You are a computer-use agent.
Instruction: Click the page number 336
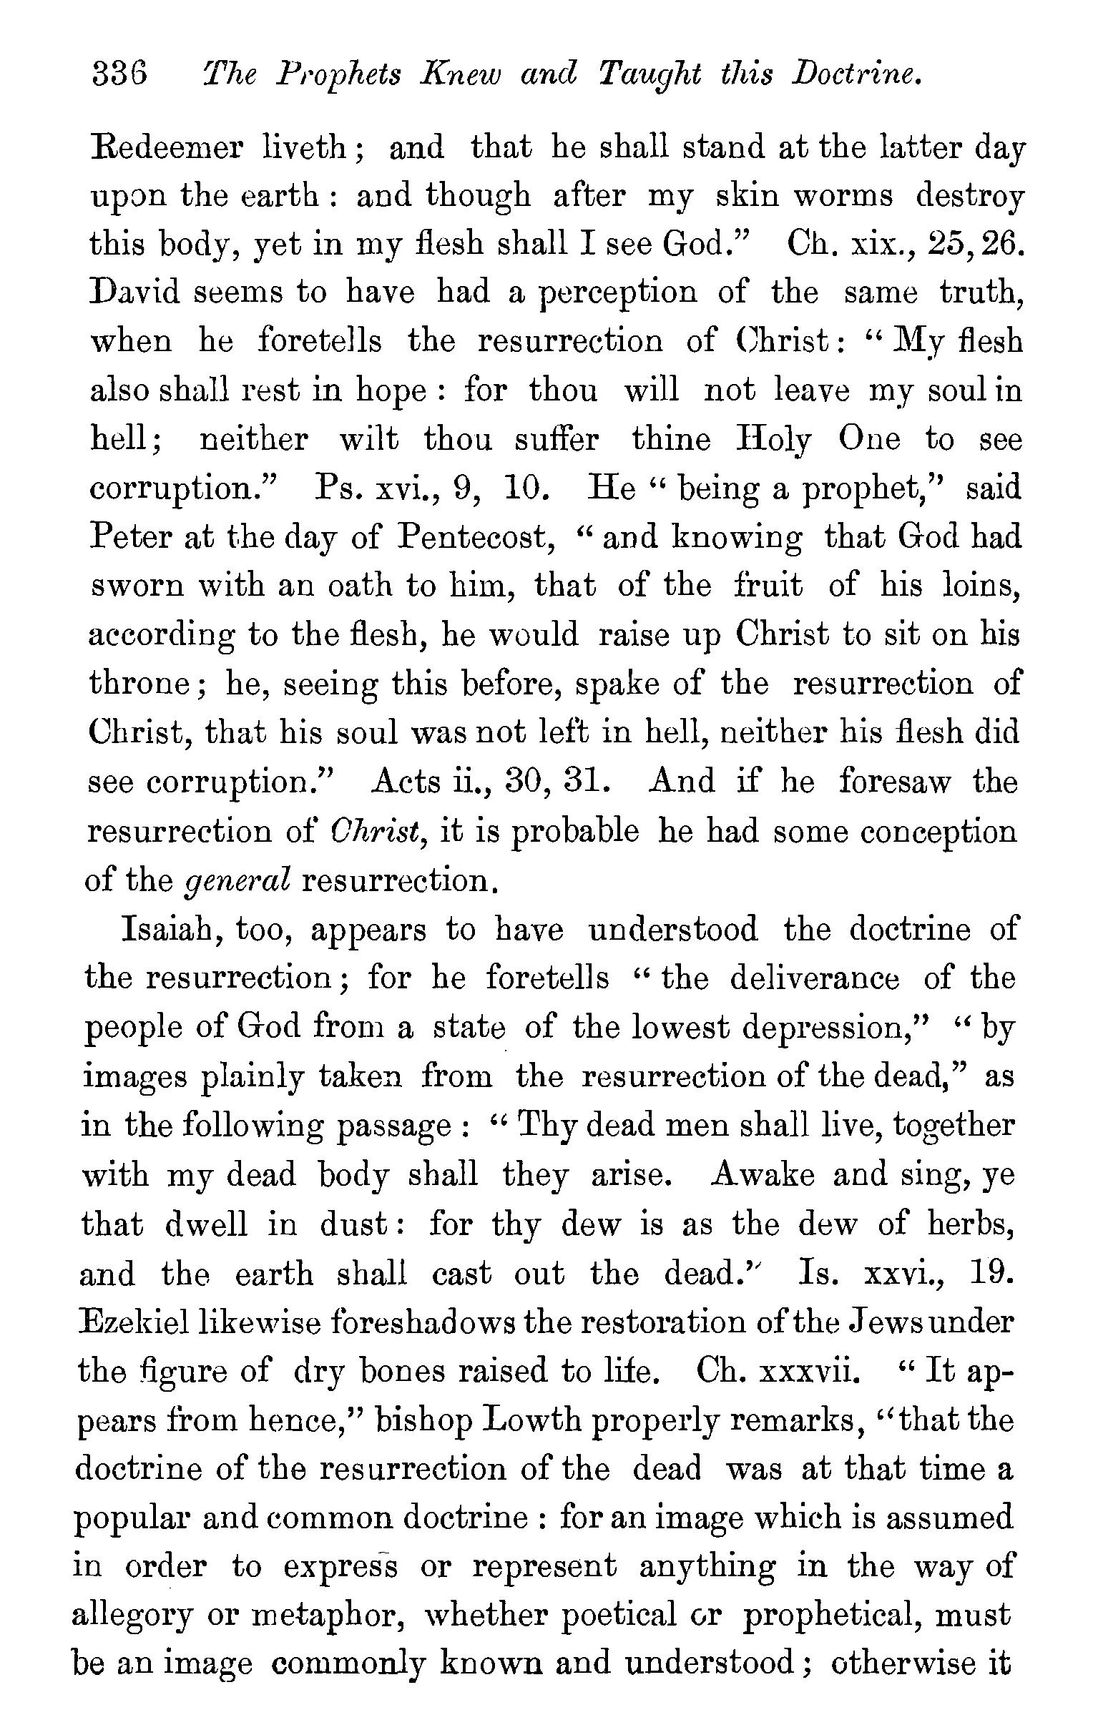[119, 74]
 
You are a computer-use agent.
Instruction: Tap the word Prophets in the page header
[338, 76]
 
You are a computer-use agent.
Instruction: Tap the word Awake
[763, 1174]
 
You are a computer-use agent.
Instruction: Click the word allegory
[132, 1617]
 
